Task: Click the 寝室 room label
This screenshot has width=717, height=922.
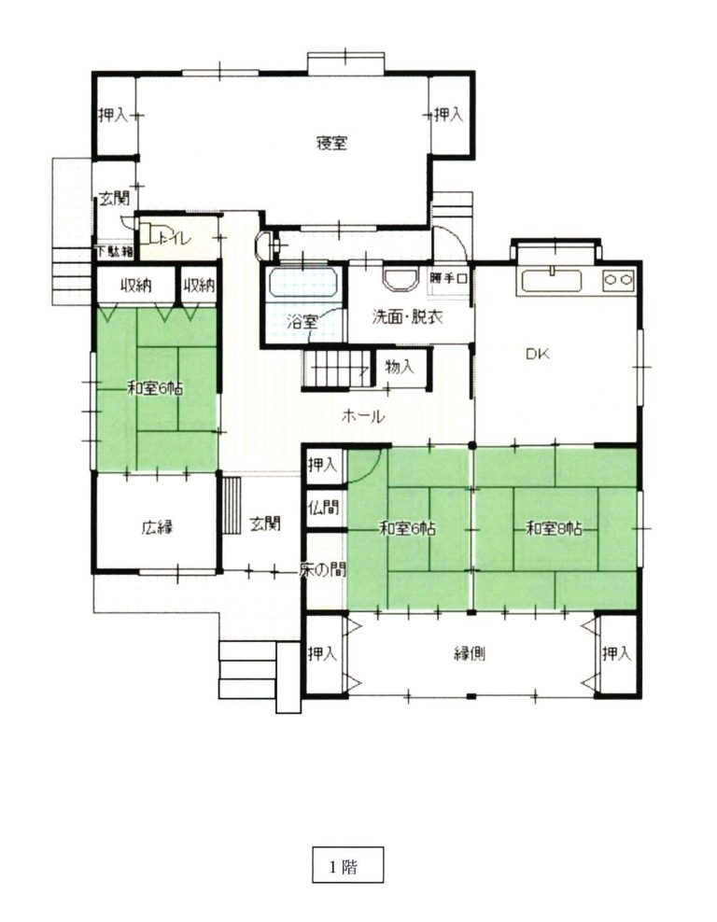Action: point(331,143)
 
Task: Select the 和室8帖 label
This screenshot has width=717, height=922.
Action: point(554,528)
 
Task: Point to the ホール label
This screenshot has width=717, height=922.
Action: point(362,417)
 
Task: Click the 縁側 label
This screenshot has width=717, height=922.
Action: point(469,654)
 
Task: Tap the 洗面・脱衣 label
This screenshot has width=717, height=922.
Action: point(407,316)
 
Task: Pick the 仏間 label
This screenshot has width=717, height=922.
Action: point(323,509)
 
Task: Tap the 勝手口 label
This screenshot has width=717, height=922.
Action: point(448,277)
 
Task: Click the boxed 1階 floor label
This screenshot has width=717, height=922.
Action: point(347,865)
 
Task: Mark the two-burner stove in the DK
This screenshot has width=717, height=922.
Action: point(618,280)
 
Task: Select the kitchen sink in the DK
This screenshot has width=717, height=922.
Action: point(551,280)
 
